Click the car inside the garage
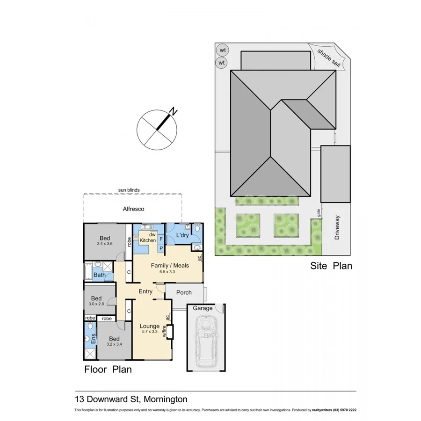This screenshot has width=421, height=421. (x=206, y=341)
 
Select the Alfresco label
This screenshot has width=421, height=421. (x=133, y=210)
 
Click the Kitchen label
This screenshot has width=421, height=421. (x=148, y=240)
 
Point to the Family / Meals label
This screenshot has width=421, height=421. (x=170, y=265)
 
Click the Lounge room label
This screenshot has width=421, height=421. (x=150, y=326)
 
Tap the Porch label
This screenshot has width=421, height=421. (x=184, y=292)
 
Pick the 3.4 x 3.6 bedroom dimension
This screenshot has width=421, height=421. (x=104, y=244)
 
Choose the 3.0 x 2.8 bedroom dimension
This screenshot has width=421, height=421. (x=96, y=304)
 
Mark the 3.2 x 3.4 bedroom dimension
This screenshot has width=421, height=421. (x=114, y=345)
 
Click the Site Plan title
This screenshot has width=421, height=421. (x=331, y=266)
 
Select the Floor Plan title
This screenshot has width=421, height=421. (x=108, y=369)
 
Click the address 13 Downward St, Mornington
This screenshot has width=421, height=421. (x=131, y=399)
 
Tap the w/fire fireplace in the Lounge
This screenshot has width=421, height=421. (x=169, y=332)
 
